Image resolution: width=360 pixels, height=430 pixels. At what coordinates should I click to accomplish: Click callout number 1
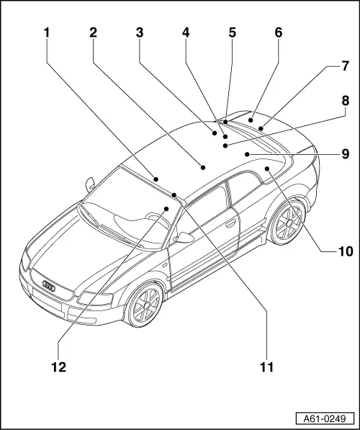47,32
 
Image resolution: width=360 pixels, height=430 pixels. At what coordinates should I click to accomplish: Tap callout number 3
140,32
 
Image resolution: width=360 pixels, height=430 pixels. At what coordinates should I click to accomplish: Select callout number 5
232,32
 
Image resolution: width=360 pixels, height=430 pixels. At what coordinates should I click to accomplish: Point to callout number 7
345,66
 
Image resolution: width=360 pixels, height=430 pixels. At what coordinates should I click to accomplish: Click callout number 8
345,101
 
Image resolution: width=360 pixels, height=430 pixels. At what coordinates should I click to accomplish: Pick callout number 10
346,251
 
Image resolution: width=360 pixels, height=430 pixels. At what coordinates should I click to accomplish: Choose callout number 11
267,367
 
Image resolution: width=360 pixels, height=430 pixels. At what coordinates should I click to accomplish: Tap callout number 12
58,367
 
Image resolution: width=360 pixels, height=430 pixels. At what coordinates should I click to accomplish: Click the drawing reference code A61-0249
325,418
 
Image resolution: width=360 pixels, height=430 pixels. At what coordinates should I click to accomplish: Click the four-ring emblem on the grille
49,286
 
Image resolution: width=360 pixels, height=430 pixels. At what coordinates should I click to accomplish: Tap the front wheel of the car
145,305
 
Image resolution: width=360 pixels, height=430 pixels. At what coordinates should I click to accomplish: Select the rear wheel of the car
287,222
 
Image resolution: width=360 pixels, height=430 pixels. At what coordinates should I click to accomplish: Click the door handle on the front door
230,223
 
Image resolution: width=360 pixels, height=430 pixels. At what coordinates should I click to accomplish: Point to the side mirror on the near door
184,238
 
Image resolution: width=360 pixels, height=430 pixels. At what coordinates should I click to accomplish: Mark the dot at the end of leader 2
203,167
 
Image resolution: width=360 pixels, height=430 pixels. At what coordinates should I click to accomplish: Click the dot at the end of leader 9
247,154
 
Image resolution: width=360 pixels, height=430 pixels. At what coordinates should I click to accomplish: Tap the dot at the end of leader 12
166,209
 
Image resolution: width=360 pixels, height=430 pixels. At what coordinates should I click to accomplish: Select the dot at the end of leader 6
251,120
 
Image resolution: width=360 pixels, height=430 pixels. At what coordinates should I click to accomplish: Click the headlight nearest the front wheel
96,298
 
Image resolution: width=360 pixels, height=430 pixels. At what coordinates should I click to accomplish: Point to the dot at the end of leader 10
267,169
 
